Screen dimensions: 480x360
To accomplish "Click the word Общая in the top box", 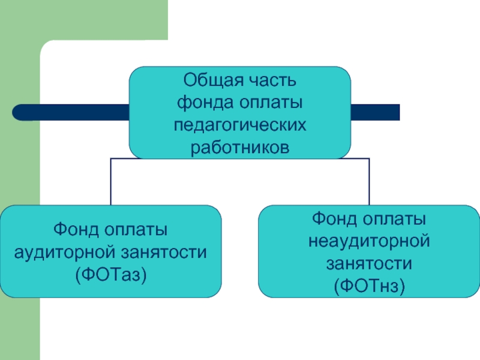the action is tap(214, 81).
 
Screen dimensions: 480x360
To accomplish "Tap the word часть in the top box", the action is tap(272, 81).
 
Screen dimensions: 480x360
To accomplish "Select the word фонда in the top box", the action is tap(206, 103).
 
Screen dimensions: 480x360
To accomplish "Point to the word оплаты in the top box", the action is tap(271, 103).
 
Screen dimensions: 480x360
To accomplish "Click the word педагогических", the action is tap(240, 125).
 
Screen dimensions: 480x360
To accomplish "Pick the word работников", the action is tap(240, 148).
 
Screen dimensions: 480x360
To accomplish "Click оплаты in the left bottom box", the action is tap(136, 230).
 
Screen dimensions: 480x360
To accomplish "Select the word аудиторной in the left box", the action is tap(65, 252).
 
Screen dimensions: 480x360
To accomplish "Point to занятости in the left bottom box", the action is tap(164, 253).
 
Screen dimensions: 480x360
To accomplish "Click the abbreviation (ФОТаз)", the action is tap(111, 275).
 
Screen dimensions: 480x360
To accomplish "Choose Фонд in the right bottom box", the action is tap(335, 218).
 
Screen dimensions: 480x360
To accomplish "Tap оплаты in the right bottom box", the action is tap(395, 220).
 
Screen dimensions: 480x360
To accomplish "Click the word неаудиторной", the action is tap(369, 241).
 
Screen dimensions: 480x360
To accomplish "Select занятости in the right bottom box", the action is tap(369, 264).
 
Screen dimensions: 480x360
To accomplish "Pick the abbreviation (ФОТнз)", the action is tap(369, 286).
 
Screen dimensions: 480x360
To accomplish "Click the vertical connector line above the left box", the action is tap(110, 182).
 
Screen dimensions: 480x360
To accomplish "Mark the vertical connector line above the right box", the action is tap(369, 182).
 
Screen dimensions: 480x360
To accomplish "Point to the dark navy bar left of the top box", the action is tap(71, 112).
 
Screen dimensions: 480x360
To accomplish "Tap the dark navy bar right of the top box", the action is tap(375, 112).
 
